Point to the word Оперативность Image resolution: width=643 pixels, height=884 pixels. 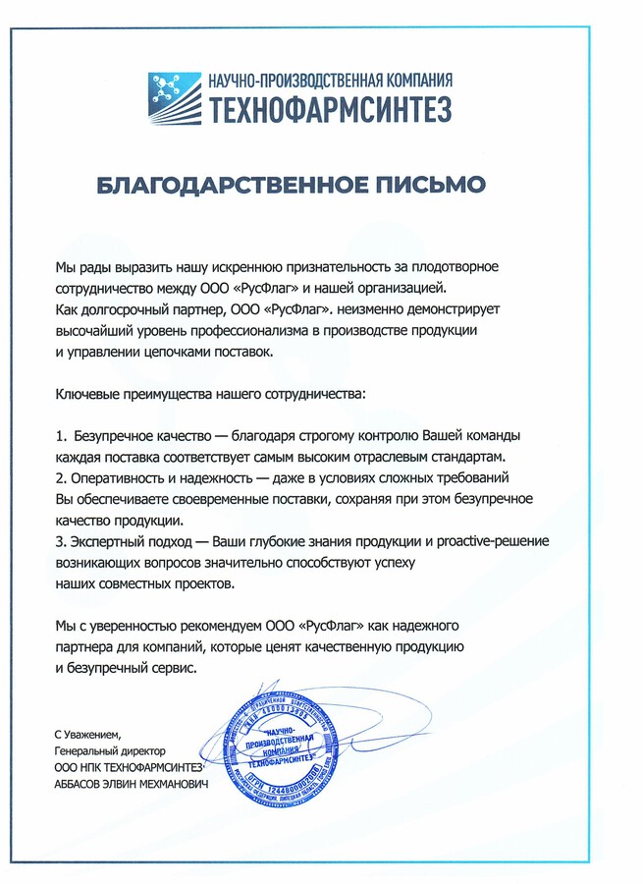coord(118,478)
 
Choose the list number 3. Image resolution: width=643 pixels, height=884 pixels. coord(59,542)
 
